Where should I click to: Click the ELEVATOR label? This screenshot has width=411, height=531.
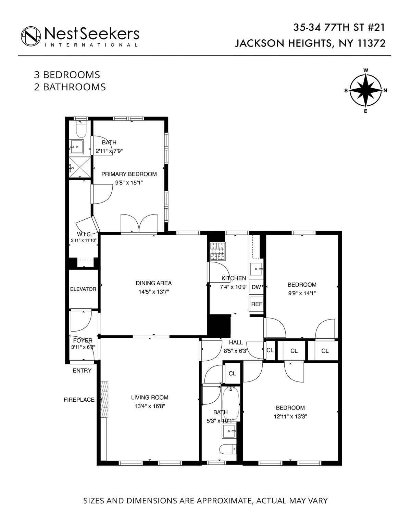tap(83, 289)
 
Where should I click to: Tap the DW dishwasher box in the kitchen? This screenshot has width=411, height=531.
tap(256, 287)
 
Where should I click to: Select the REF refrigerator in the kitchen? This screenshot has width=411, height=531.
tap(256, 304)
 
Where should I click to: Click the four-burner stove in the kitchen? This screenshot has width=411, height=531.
tap(217, 251)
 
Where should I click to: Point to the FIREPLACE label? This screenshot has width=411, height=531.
tap(79, 400)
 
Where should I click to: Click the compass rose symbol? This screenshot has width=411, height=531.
tap(365, 91)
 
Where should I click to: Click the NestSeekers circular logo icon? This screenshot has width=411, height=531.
tap(31, 36)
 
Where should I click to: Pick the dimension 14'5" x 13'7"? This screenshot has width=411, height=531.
tap(154, 292)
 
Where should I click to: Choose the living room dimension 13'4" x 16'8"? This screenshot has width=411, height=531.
tap(150, 406)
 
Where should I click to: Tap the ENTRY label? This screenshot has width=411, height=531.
tap(82, 371)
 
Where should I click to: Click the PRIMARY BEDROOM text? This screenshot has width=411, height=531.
tap(129, 174)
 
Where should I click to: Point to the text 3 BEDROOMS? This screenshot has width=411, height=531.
tap(67, 75)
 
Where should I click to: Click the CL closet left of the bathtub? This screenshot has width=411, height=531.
tap(232, 373)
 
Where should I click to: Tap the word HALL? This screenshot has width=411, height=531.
tap(236, 342)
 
